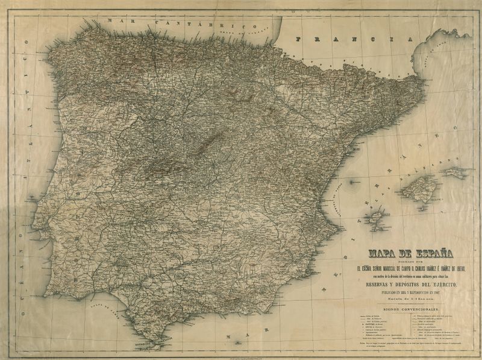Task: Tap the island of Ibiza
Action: [377, 217]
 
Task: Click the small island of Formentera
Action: [381, 230]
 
